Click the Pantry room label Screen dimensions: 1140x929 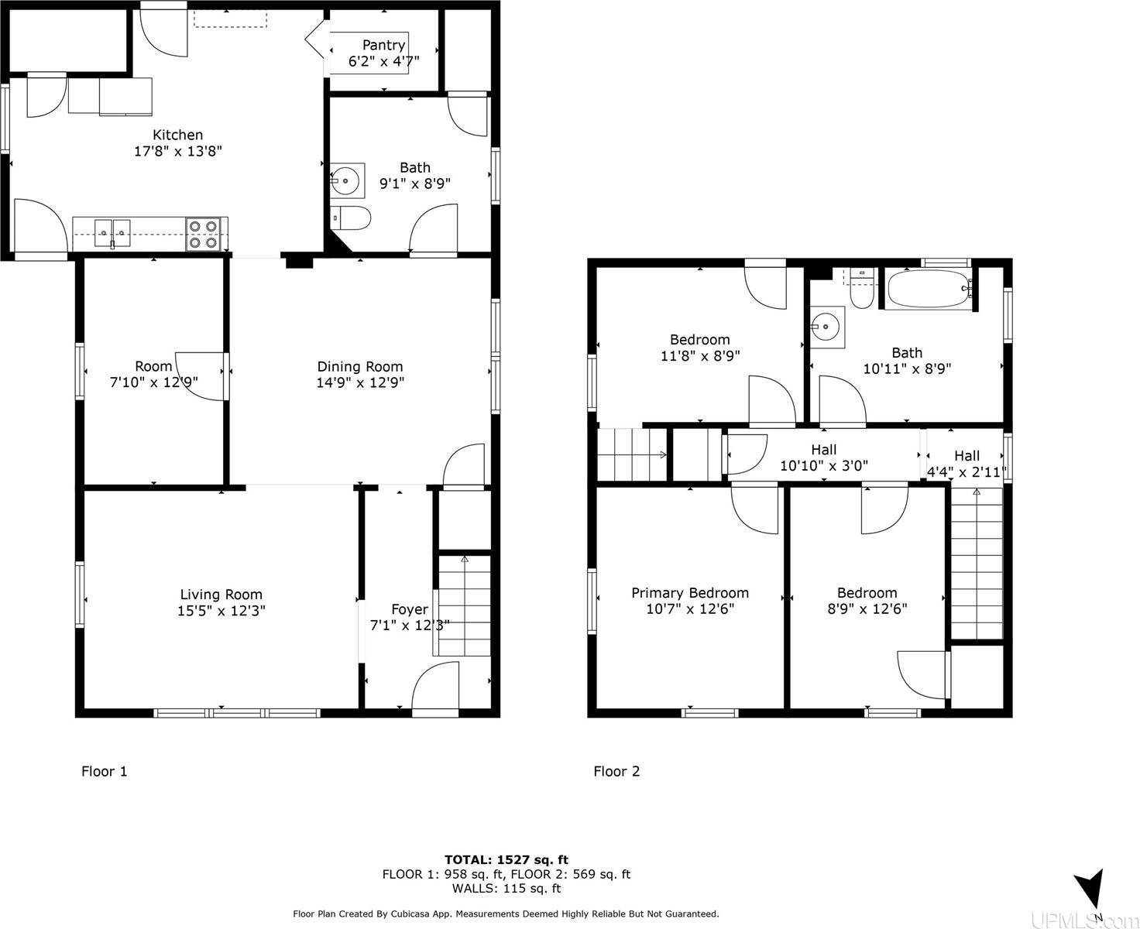click(x=383, y=45)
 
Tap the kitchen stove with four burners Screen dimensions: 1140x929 click(x=203, y=234)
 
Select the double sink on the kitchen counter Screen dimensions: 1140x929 click(x=112, y=234)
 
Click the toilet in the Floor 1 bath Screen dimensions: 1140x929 click(x=350, y=218)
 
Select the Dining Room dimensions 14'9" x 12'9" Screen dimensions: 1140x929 click(x=360, y=382)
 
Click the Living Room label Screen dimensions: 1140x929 click(x=221, y=595)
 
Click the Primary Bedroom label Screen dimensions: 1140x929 click(x=690, y=593)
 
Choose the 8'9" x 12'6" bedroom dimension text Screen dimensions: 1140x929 click(x=867, y=608)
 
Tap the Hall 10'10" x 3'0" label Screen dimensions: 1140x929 click(x=824, y=458)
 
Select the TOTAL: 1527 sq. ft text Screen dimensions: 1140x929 click(x=506, y=859)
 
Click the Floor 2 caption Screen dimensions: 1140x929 click(x=616, y=771)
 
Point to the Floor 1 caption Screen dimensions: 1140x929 click(x=105, y=771)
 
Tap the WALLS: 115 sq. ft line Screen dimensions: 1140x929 click(x=506, y=889)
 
